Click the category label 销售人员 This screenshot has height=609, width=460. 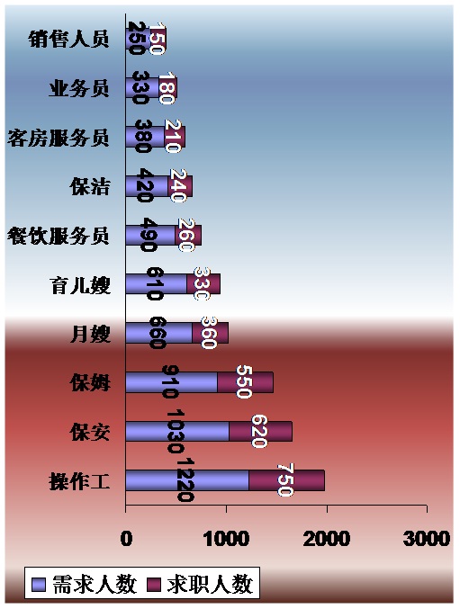(x=68, y=39)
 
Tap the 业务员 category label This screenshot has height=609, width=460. (x=79, y=88)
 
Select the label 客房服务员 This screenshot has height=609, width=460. (x=59, y=138)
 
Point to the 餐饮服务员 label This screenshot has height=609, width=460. (x=59, y=236)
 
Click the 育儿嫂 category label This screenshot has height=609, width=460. (x=80, y=285)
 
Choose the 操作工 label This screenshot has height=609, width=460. (x=79, y=481)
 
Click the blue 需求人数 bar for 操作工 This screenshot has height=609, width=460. (x=187, y=480)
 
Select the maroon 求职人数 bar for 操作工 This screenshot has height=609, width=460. (x=287, y=480)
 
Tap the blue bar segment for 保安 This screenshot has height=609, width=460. (x=177, y=431)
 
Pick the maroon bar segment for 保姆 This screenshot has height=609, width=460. (x=245, y=382)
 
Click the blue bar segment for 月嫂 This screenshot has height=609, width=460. (x=159, y=333)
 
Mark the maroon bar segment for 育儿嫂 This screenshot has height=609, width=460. (x=203, y=284)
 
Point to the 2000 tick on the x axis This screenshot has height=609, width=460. (x=327, y=539)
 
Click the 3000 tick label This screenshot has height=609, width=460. (x=427, y=539)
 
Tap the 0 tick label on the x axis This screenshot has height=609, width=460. (x=126, y=539)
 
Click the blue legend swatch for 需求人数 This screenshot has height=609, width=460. (x=39, y=585)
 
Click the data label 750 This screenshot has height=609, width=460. (x=285, y=480)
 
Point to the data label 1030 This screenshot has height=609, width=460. (x=176, y=432)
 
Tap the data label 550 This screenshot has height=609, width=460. (x=244, y=381)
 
